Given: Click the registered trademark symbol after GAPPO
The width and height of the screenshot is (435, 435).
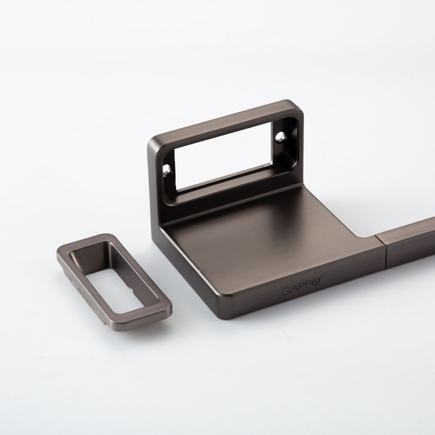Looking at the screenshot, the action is pos(322,276).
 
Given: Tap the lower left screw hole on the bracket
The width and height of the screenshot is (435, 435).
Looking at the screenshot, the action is pos(166,169).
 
